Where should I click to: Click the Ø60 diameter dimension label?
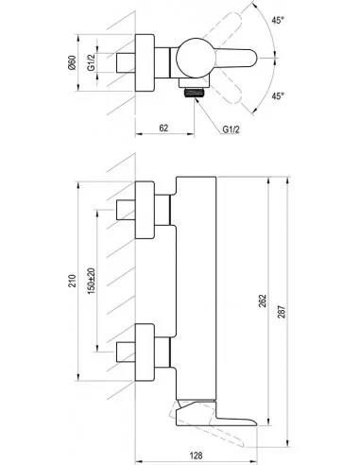[x=73, y=62]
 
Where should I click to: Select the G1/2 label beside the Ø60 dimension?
[x=91, y=62]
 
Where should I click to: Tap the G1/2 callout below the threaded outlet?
[x=231, y=129]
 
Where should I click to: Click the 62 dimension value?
[x=163, y=128]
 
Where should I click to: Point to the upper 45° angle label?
[x=278, y=20]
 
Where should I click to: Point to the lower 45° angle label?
[x=278, y=95]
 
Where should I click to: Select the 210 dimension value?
[x=73, y=281]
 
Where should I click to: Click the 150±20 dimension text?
[x=91, y=281]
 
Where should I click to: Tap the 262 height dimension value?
[x=263, y=301]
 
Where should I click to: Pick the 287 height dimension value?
[x=282, y=312]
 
